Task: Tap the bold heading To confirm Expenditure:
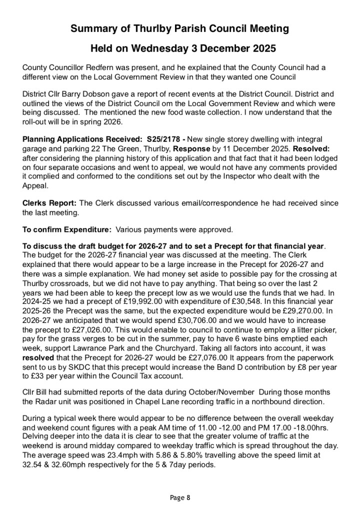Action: pos(67,230)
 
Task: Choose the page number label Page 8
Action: pos(180,497)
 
